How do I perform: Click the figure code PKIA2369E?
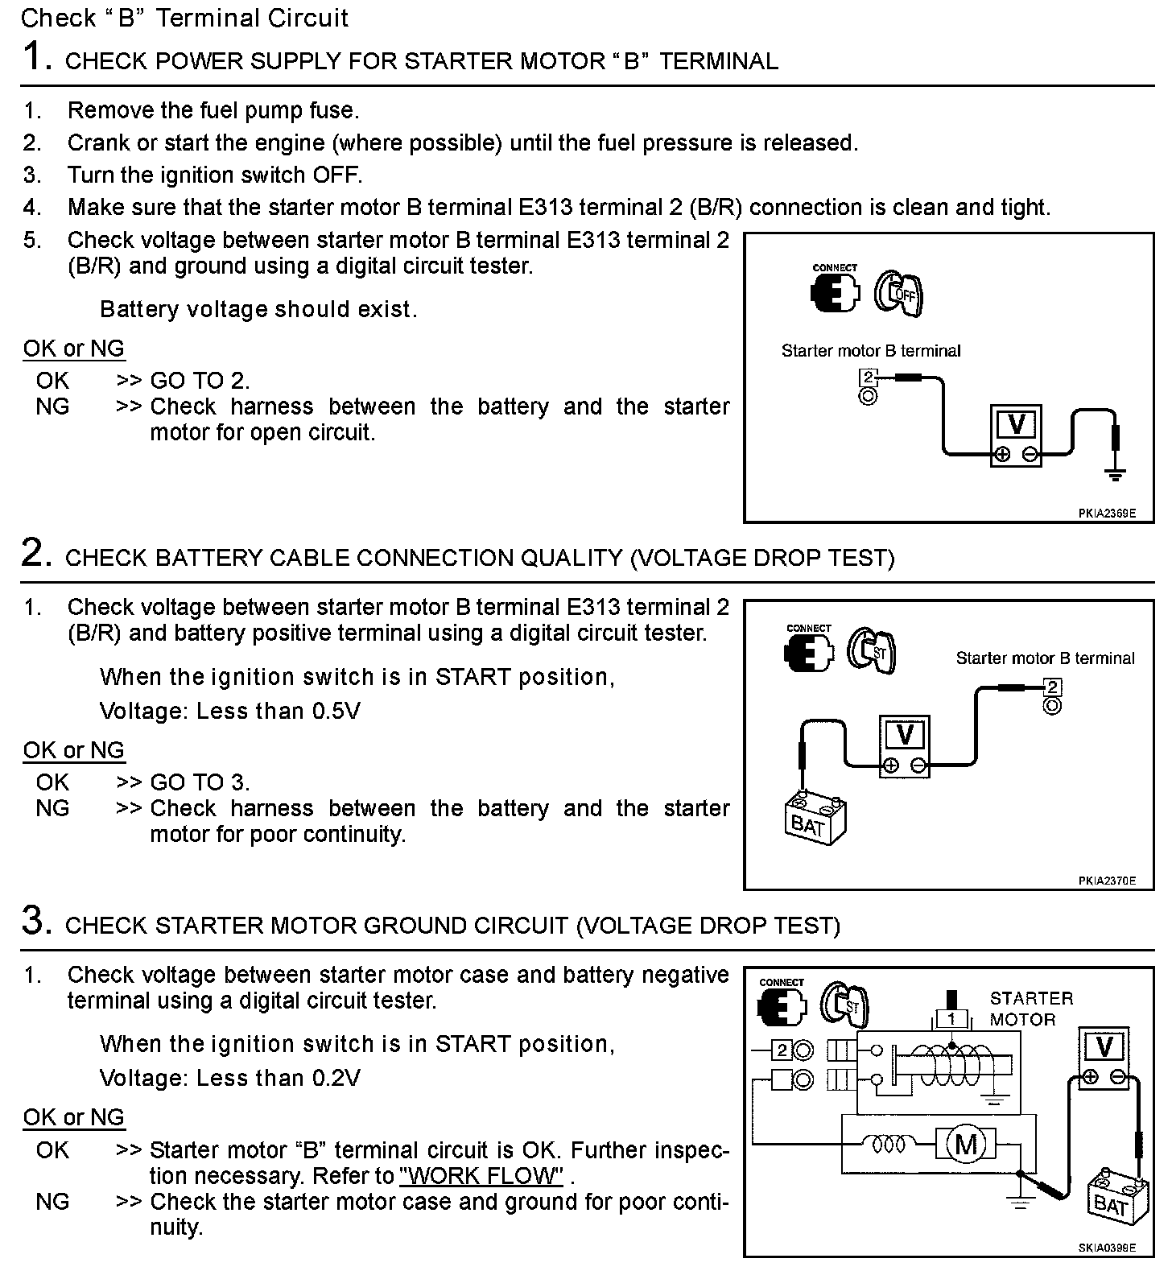pos(1107,513)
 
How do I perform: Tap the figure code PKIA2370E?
pos(1107,881)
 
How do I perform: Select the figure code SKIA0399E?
pos(1107,1248)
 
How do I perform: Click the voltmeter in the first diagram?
pos(1016,435)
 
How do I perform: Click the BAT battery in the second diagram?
pos(815,819)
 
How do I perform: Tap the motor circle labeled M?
pos(966,1144)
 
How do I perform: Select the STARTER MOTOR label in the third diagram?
pos(1031,1009)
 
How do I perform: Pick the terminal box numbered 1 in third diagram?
pos(951,1019)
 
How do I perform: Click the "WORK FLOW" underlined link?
pos(481,1176)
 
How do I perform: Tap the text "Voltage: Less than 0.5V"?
pos(230,712)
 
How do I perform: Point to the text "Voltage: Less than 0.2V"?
pos(230,1079)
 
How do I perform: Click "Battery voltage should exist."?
pos(258,310)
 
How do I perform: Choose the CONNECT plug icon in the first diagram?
pos(834,291)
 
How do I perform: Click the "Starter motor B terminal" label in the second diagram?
pos(1045,658)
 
